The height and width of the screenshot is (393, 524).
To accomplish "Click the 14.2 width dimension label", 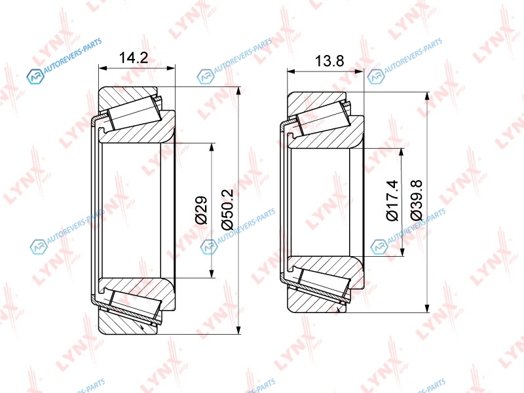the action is tap(134, 58).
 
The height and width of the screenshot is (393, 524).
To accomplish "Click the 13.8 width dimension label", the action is tap(329, 61).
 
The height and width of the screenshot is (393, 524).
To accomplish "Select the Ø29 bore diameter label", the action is tap(201, 210).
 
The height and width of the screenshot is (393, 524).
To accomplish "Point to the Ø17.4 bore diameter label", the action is tap(392, 200).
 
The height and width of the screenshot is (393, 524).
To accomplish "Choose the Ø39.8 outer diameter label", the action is tap(417, 200).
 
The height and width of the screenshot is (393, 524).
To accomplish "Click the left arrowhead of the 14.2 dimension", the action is tap(102, 68).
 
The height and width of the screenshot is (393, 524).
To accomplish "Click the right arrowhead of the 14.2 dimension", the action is tap(172, 68).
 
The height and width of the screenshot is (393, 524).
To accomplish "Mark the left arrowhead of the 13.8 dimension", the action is tap(291, 71).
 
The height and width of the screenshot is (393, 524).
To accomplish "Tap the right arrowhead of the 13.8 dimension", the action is tap(360, 71).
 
